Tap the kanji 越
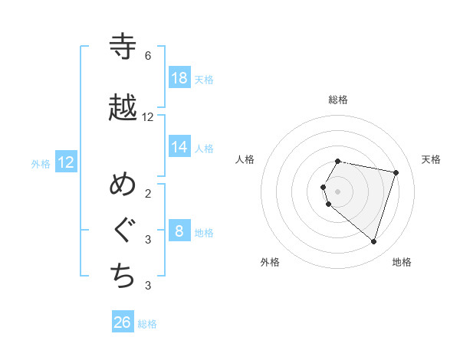tap(123, 108)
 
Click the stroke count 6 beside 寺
tap(148, 56)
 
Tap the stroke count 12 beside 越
tap(148, 117)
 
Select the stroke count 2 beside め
tap(148, 193)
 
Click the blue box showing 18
tap(179, 78)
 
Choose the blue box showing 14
tap(179, 147)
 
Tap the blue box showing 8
tap(179, 231)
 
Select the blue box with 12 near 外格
tap(66, 162)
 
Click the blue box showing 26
tap(123, 322)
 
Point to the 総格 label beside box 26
tap(147, 324)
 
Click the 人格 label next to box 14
tap(204, 148)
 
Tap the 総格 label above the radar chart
tap(338, 100)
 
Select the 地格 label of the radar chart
tap(402, 262)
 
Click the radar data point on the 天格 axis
tap(396, 172)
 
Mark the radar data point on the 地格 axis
tap(373, 241)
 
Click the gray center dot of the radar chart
tap(338, 191)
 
